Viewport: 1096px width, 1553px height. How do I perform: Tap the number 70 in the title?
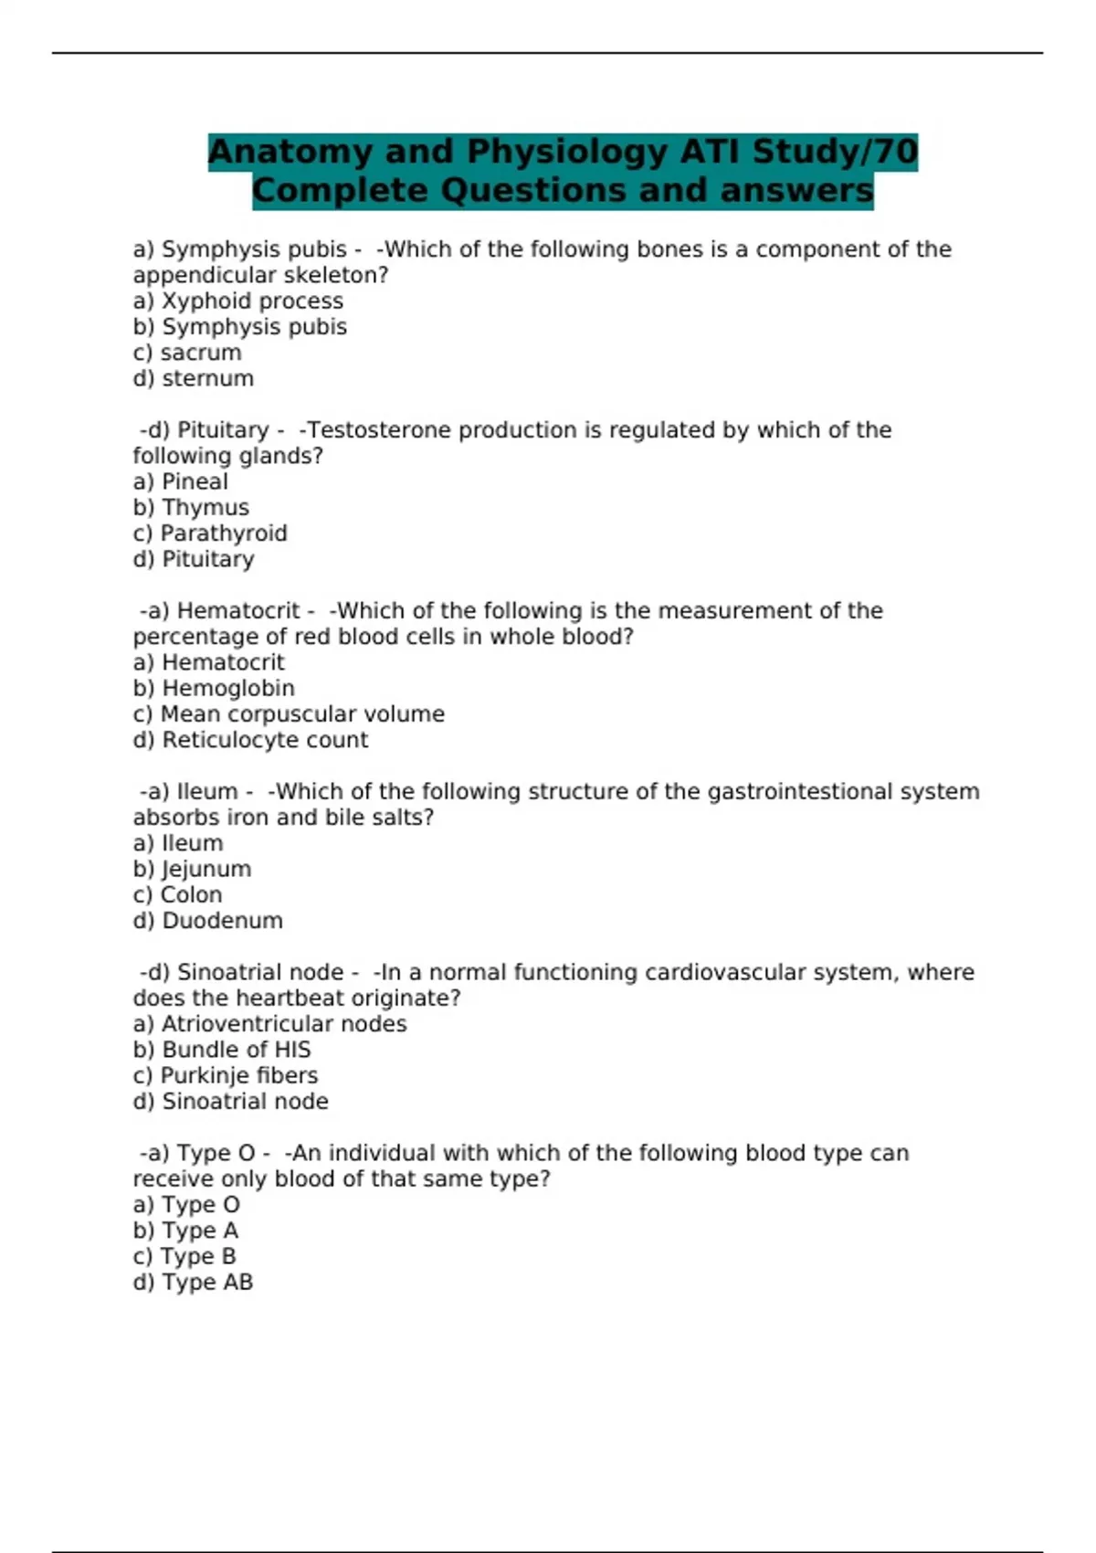point(894,152)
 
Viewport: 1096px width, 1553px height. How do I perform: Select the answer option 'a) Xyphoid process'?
point(237,301)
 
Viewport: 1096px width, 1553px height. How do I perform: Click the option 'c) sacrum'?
point(187,353)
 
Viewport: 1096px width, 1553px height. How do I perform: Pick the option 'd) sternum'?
point(194,378)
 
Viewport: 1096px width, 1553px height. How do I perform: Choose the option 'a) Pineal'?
point(180,481)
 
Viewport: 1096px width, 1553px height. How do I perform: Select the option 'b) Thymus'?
point(191,508)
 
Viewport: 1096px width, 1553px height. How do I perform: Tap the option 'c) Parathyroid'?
point(210,534)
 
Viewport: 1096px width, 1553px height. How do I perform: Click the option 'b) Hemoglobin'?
point(214,689)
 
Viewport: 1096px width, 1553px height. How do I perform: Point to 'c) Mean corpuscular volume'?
point(289,714)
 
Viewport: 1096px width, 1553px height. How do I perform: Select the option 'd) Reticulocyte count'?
point(250,740)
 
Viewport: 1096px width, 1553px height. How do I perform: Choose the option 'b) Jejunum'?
point(192,870)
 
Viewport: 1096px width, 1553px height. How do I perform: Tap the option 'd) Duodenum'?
point(207,921)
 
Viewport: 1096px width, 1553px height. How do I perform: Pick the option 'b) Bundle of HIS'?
point(222,1051)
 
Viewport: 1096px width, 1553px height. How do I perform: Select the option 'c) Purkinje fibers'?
point(226,1076)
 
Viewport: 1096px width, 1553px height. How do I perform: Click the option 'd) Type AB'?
point(193,1283)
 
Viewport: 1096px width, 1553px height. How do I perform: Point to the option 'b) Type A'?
point(185,1231)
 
